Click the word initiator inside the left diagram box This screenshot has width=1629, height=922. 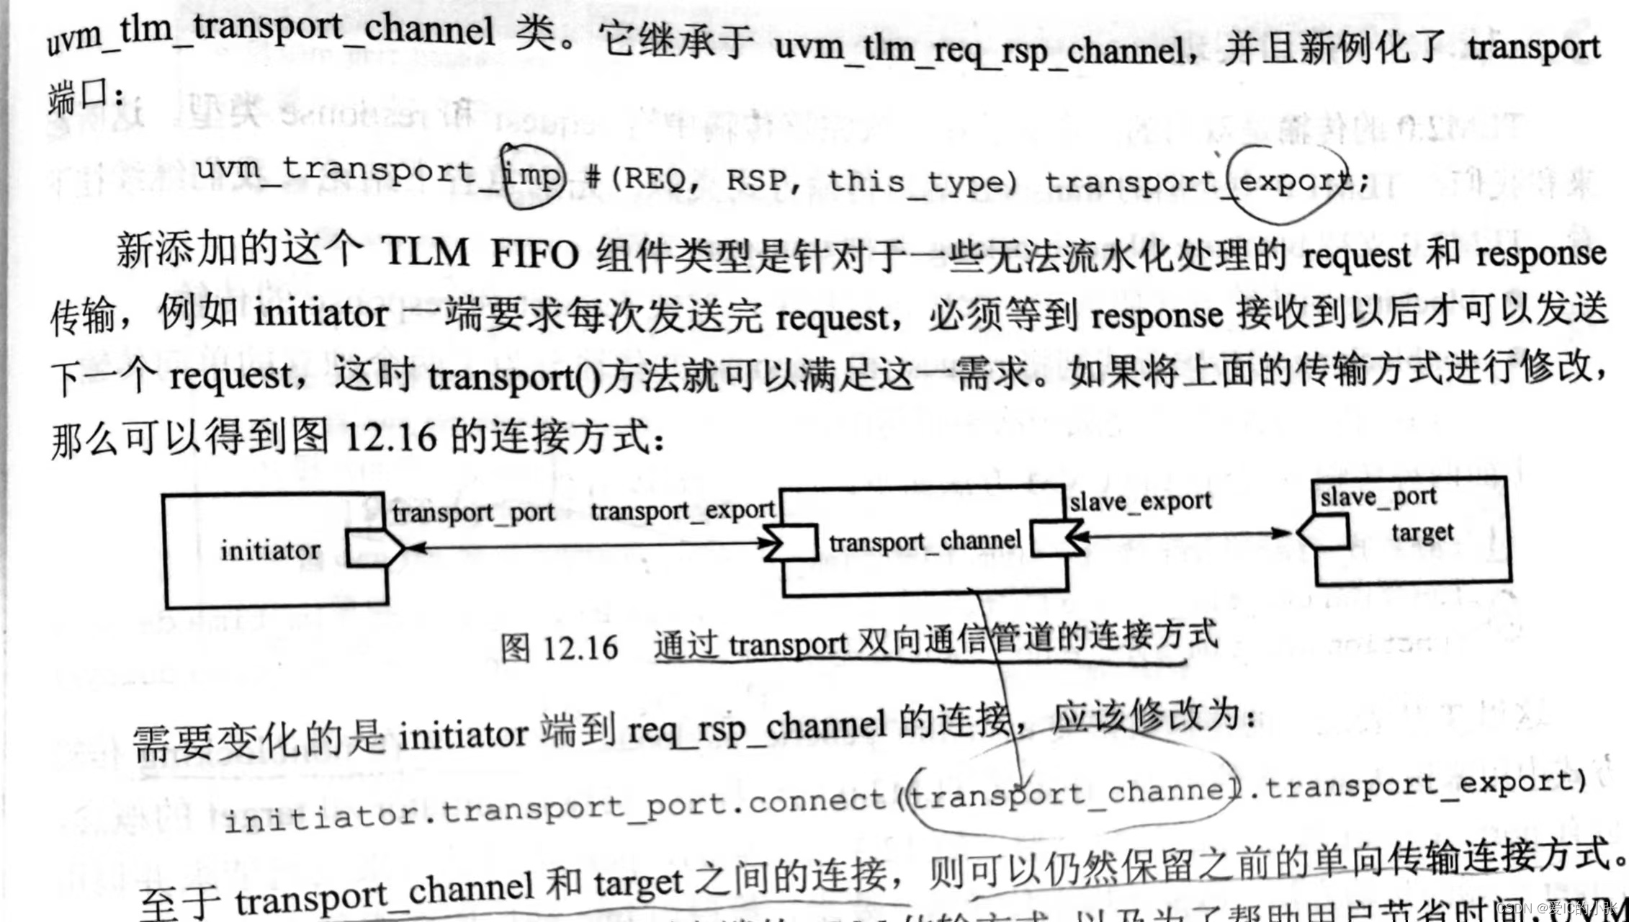tap(270, 550)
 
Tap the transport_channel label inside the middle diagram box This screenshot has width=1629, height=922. tap(925, 541)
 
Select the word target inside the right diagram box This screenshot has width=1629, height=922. tap(1422, 533)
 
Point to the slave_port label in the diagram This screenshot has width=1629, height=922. tap(1378, 497)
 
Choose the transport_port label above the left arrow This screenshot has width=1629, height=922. tap(473, 512)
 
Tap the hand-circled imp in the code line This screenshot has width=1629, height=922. tap(531, 175)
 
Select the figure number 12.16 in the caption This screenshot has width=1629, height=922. tap(580, 648)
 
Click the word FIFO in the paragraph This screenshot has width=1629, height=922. tap(534, 254)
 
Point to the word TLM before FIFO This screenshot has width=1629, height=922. tap(426, 253)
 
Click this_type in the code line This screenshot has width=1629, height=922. tap(923, 181)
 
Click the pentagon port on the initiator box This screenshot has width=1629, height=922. tap(374, 549)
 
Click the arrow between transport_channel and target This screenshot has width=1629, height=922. tap(1188, 534)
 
